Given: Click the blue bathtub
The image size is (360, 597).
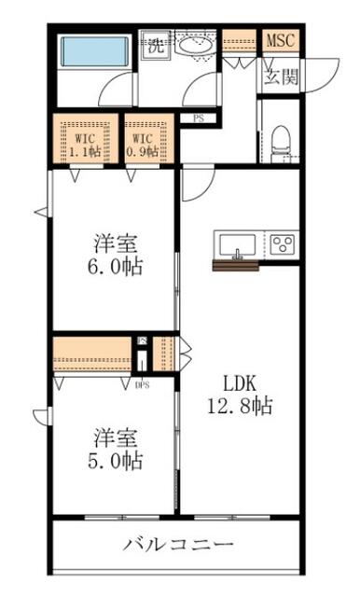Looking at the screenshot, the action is [x=95, y=51].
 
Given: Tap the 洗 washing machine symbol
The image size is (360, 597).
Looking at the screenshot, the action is [x=156, y=46].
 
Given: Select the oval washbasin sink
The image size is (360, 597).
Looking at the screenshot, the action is [x=195, y=47].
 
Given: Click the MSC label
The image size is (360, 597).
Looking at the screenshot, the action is [x=281, y=40].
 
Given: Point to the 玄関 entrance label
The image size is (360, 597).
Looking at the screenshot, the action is [x=282, y=76].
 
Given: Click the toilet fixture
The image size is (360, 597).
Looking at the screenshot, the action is [x=282, y=144].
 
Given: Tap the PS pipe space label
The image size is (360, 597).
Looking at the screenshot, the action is [x=199, y=118].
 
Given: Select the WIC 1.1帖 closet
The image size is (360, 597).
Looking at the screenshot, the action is [x=85, y=140].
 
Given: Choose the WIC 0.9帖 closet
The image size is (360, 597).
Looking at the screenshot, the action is [x=149, y=140].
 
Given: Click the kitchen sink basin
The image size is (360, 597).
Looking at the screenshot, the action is [x=238, y=245].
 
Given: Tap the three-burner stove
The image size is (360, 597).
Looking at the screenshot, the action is [x=283, y=244].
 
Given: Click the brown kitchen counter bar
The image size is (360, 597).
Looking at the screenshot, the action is [x=236, y=266].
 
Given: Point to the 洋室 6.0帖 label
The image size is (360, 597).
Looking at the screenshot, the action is [x=116, y=255].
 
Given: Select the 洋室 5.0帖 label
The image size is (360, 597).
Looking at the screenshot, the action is [x=116, y=449].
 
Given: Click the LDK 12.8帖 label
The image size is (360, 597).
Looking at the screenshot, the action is [x=240, y=395].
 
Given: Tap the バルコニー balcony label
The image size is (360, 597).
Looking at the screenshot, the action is [x=178, y=545].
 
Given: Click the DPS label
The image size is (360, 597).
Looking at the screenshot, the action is [x=143, y=385].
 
